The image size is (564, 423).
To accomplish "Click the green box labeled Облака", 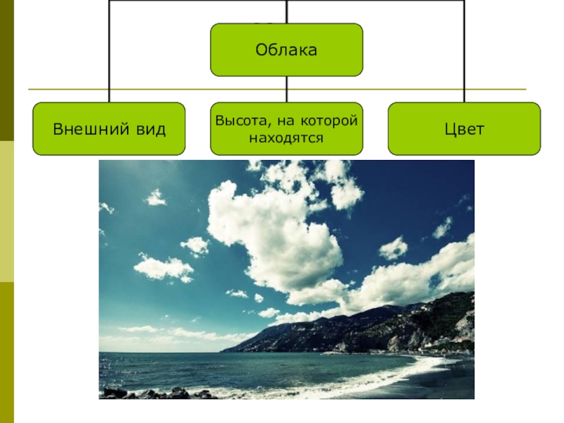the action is [x=286, y=49].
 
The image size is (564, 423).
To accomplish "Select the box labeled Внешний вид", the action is [x=109, y=129].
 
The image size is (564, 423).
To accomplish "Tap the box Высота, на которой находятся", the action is [x=286, y=129].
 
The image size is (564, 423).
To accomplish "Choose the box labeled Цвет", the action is [x=464, y=129].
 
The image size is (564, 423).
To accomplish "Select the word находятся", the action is [x=286, y=137].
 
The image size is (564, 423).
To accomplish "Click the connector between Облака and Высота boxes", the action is [x=286, y=89].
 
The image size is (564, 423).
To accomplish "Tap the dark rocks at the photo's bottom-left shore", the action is [x=141, y=393].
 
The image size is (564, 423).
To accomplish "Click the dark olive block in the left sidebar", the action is [x=7, y=70].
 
